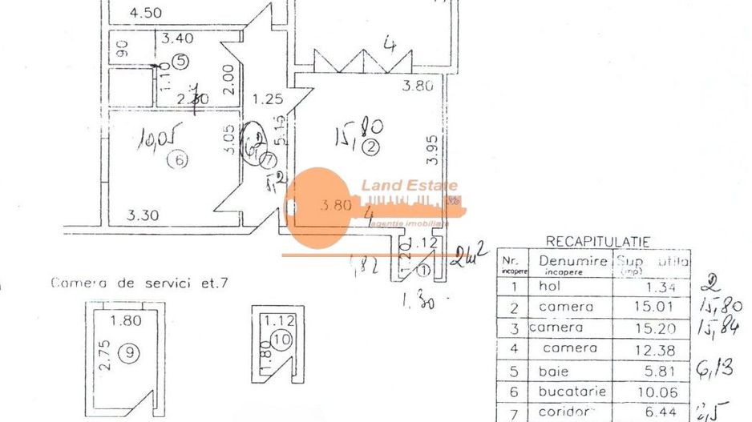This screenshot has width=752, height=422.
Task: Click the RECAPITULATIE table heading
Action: tap(597, 241)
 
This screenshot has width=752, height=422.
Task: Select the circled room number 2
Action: tap(370, 147)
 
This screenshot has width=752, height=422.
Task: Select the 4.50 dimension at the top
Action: tap(146, 12)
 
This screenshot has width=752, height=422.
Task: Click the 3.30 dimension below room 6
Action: tap(142, 215)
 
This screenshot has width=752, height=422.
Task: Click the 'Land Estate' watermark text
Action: tap(398, 186)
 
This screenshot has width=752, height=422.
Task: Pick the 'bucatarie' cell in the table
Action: tap(572, 391)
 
